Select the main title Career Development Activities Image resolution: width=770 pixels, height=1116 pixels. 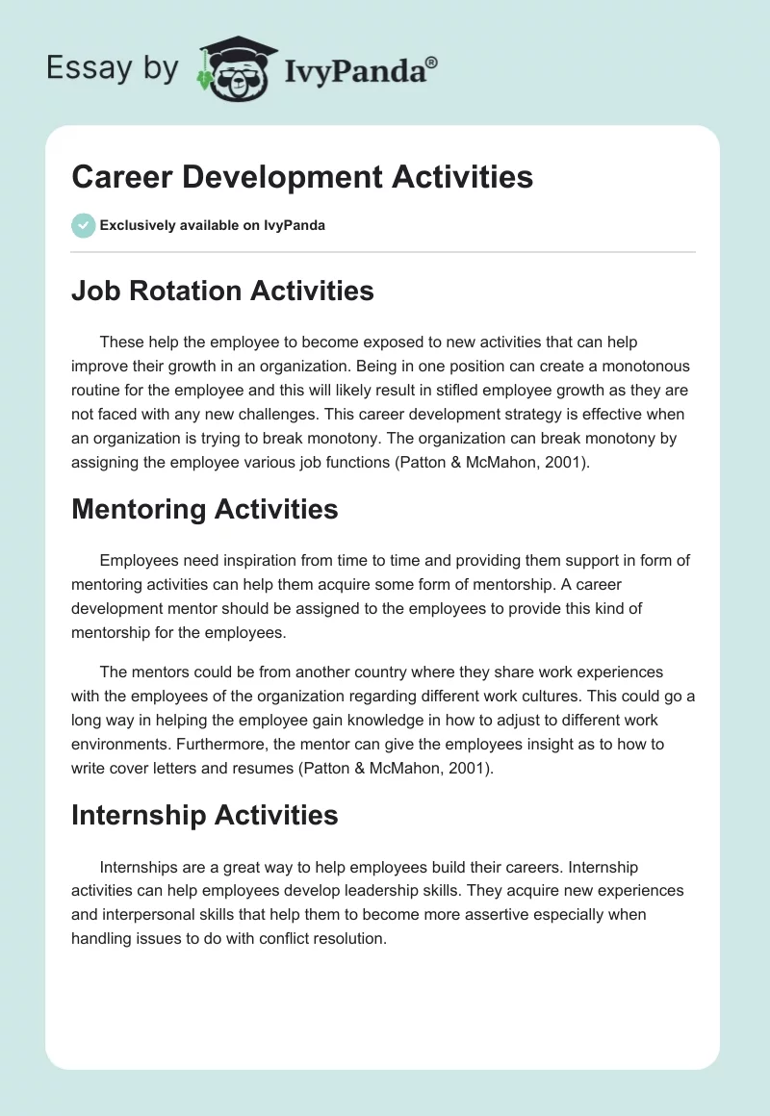(x=301, y=177)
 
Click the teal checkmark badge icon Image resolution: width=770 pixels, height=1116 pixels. (x=83, y=225)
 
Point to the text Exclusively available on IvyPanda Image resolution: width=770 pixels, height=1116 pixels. (x=212, y=226)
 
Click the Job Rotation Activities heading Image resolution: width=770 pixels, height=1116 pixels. (x=222, y=291)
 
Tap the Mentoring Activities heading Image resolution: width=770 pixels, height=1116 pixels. (x=204, y=509)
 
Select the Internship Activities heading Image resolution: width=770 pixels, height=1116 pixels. (x=204, y=815)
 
